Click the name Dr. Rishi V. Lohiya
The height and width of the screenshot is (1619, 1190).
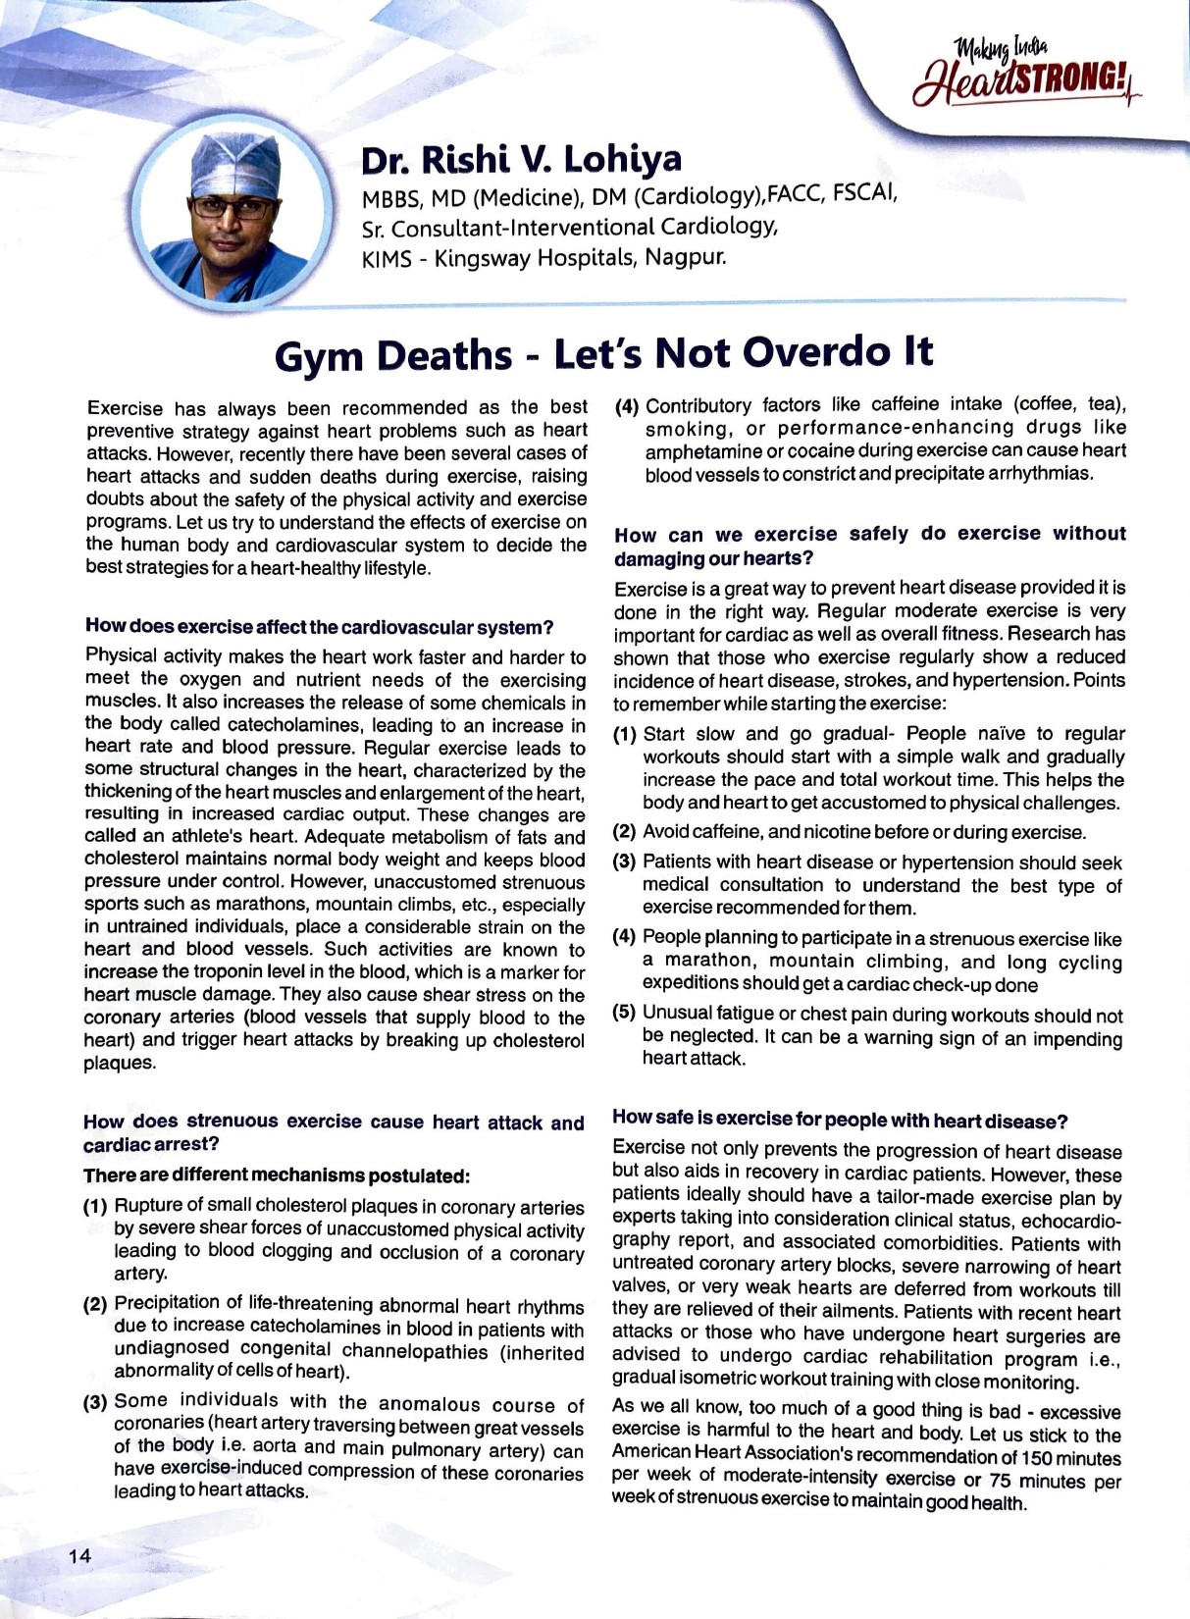521,159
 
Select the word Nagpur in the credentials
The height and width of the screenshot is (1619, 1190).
685,259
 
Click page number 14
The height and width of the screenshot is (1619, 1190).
79,1555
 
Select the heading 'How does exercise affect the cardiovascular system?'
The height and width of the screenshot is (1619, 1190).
319,626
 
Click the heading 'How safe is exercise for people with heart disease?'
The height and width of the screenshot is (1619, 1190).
839,1120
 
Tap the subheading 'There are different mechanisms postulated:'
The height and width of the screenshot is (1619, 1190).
277,1175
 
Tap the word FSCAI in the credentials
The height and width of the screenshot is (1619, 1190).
864,194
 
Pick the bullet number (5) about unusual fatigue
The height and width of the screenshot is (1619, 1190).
625,1013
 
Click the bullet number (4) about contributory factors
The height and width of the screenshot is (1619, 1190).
627,405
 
